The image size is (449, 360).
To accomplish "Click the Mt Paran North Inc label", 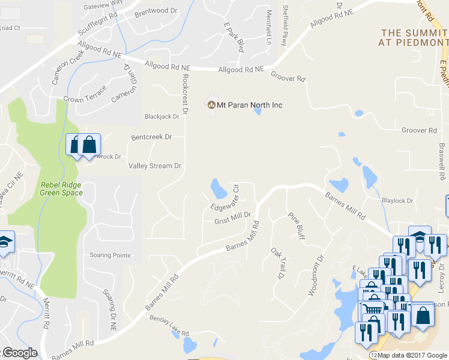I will [249, 105].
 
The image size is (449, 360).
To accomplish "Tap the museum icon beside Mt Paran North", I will [211, 105].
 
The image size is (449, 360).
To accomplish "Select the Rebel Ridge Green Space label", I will [61, 189].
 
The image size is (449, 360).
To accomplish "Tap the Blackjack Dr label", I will [162, 116].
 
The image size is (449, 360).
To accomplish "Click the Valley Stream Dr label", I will [154, 166].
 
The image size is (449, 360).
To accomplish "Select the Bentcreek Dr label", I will [151, 137].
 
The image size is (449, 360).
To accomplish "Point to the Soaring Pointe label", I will [110, 255].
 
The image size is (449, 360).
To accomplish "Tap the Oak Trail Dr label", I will [277, 264].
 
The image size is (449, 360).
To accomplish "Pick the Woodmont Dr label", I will [316, 275].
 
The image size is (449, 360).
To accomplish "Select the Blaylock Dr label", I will [397, 200].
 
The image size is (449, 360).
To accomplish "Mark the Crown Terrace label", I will [85, 96].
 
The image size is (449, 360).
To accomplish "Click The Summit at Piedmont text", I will [414, 37].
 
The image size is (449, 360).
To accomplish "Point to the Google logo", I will [19, 353].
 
